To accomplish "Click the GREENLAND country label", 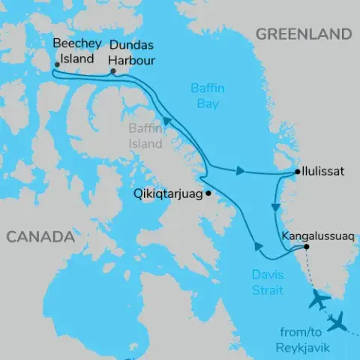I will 303,34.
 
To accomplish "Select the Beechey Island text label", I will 74,52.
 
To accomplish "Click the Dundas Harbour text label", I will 132,52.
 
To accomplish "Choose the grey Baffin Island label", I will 145,136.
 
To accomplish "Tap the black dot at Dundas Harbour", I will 112,73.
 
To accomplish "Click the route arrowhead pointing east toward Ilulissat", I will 239,171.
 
